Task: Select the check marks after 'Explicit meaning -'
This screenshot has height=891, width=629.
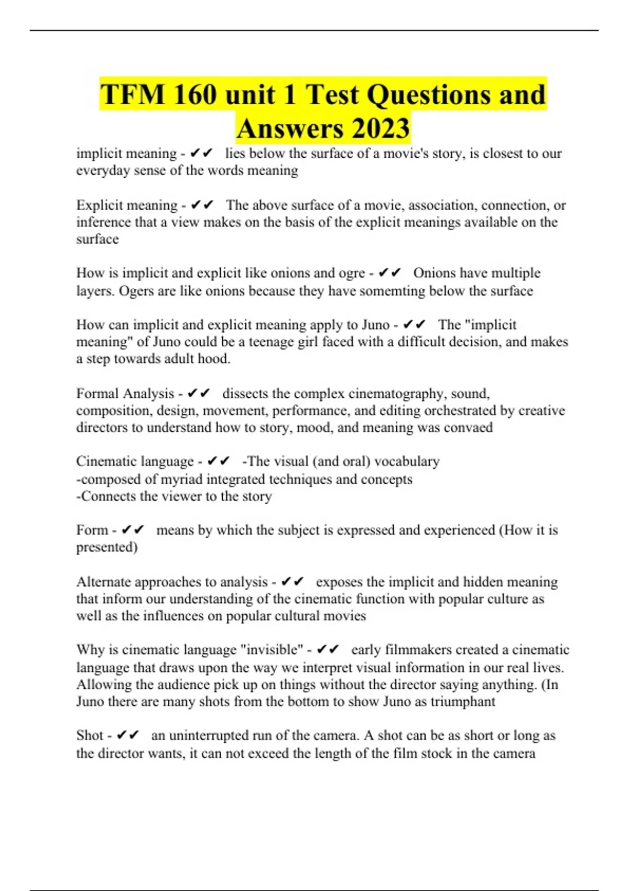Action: [x=202, y=205]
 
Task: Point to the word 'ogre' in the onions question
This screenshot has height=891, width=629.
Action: [x=352, y=273]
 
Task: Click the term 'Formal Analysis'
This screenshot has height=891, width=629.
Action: [x=125, y=394]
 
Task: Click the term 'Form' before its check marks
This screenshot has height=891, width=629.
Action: [x=92, y=530]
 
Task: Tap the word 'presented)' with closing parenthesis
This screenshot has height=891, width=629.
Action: [x=107, y=547]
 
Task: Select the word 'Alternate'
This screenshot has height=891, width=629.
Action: [x=103, y=582]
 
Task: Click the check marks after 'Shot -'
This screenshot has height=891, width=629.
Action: [x=128, y=735]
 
